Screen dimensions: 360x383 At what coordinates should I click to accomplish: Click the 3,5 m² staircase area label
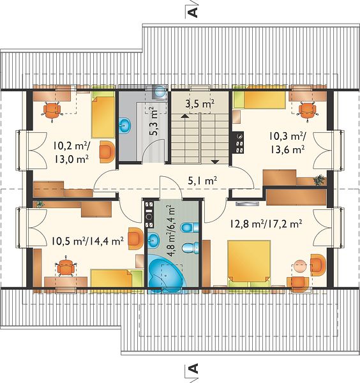pos(200,104)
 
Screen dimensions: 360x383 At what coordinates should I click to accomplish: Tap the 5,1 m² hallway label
pos(202,181)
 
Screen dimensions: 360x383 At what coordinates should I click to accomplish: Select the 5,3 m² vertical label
pos(154,121)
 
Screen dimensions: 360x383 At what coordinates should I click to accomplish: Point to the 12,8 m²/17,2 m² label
pos(266,224)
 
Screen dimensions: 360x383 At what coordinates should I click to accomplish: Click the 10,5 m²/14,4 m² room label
pos(87,241)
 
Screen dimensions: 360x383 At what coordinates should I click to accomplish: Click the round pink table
pos(299,266)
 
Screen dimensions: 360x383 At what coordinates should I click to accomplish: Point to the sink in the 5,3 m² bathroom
pos(125,126)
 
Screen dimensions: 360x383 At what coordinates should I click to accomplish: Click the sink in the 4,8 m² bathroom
pos(154,241)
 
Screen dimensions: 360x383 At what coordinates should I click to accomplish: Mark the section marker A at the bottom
pos(193,368)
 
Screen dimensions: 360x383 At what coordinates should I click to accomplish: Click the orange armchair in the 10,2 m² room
pos(107,152)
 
